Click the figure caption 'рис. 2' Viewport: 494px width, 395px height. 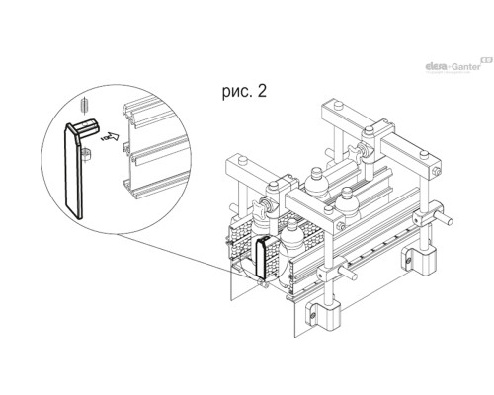[244, 92]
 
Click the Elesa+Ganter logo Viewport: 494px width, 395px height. [458, 65]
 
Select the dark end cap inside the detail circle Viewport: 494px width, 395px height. [74, 170]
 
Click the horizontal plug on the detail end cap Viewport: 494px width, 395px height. [87, 126]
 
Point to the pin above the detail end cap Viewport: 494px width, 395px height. [85, 106]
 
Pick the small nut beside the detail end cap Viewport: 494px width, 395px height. [86, 154]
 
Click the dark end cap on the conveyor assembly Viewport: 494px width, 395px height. [263, 257]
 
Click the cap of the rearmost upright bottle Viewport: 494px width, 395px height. [315, 172]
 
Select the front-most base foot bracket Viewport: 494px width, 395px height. [324, 314]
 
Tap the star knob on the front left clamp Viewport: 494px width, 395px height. [260, 210]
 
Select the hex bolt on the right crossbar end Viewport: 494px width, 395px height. [437, 171]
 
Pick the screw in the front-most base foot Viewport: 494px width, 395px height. [312, 315]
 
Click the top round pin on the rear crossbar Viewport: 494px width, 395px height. [338, 105]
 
